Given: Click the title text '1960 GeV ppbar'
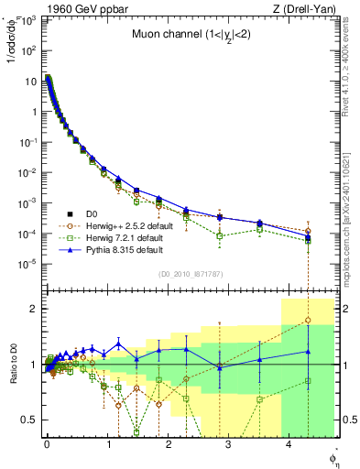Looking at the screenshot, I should click(72, 8).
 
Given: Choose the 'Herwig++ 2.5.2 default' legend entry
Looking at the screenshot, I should click(128, 225).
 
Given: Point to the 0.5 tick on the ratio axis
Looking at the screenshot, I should click(30, 420).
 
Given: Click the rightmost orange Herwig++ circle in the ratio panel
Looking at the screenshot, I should click(307, 321).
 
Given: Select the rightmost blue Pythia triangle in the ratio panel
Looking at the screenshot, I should click(307, 351).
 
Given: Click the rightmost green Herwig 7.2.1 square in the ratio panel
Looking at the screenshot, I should click(307, 380).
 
